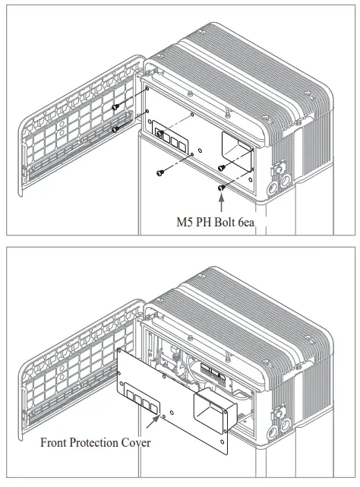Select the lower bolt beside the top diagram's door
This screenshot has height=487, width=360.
tap(115, 129)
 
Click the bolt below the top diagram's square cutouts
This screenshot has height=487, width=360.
tap(160, 172)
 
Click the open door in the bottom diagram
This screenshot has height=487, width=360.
tap(72, 357)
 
